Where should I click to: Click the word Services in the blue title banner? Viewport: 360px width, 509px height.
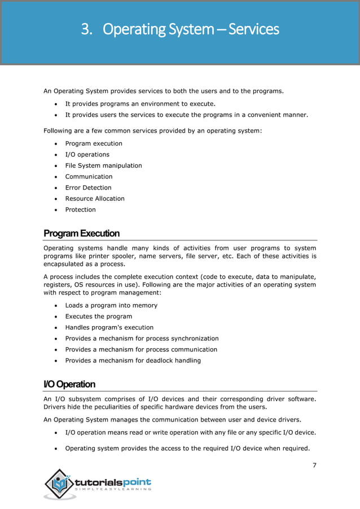tap(254, 29)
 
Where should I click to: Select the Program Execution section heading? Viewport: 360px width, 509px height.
tap(81, 234)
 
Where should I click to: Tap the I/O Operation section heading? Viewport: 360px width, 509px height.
tap(69, 384)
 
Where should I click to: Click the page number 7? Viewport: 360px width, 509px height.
tap(314, 465)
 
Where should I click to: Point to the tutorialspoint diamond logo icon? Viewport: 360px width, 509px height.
tap(60, 484)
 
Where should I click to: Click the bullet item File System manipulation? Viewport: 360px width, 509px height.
tap(103, 165)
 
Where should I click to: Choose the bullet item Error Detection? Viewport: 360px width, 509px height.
tap(88, 187)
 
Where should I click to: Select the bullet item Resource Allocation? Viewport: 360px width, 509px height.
tap(95, 199)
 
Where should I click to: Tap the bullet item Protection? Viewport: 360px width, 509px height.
tap(81, 209)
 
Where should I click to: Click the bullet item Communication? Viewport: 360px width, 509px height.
tap(89, 177)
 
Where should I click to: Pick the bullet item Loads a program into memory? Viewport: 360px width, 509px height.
tap(111, 305)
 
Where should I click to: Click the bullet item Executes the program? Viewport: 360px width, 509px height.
tap(99, 317)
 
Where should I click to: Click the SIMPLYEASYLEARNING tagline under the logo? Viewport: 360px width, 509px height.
tap(117, 489)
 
